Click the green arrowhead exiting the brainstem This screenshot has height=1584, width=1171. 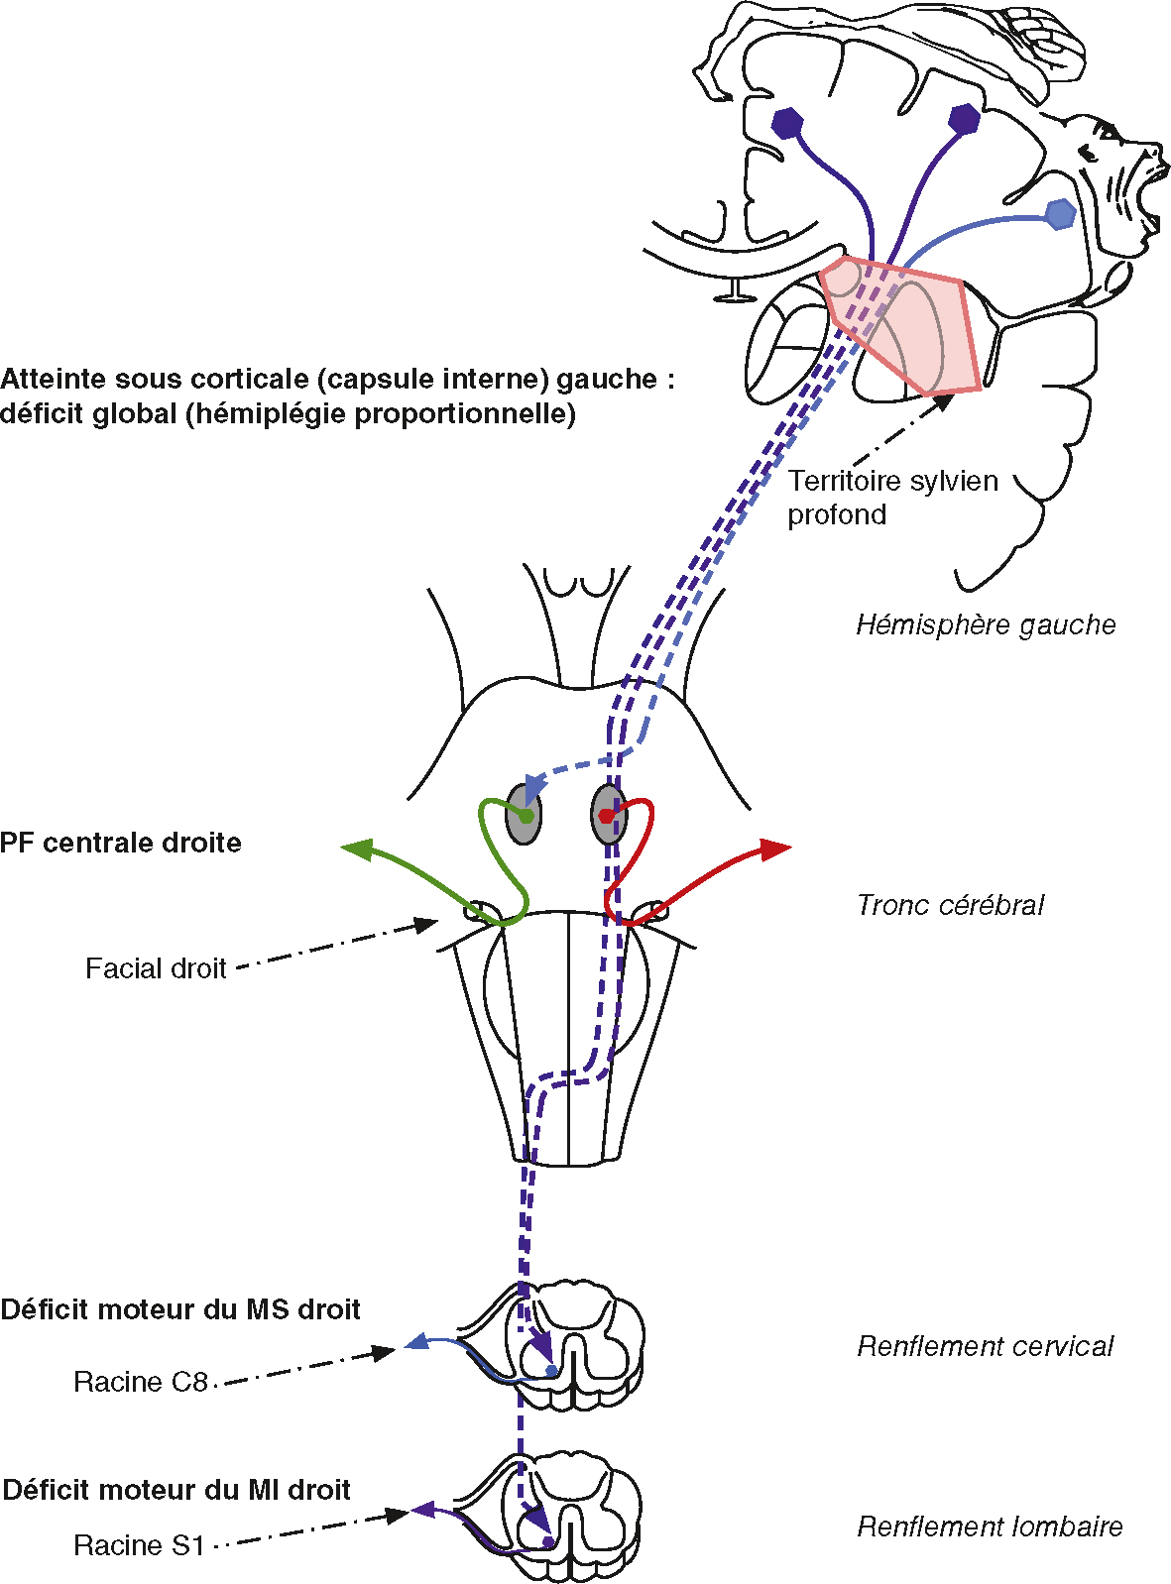(355, 849)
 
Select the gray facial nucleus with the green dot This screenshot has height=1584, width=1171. (524, 815)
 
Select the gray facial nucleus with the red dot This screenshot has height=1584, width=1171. (608, 815)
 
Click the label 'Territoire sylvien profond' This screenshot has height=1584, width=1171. (891, 498)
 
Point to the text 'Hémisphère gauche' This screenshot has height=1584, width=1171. (986, 625)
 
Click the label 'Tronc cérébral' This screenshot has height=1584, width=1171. (950, 905)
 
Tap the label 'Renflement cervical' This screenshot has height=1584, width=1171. (985, 1346)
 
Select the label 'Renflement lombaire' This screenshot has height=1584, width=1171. (989, 1527)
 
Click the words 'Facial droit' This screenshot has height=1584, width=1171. (156, 968)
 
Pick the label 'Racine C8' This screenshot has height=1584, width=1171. (140, 1382)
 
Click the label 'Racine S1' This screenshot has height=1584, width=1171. (139, 1545)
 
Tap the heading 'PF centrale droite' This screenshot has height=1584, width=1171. (121, 844)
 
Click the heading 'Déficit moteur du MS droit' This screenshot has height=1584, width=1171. (179, 1309)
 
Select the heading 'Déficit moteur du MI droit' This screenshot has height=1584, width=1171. (176, 1490)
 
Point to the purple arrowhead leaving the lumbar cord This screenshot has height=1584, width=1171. (422, 1511)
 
